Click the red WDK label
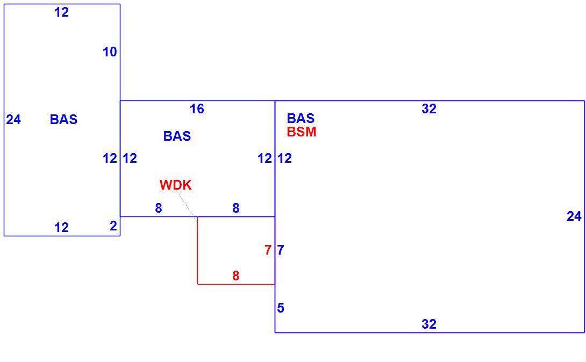click(x=176, y=185)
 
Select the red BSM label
click(x=302, y=132)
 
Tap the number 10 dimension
click(x=110, y=52)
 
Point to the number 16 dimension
click(x=197, y=108)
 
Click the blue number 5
click(x=281, y=308)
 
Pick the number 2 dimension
click(x=113, y=226)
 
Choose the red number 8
click(x=235, y=276)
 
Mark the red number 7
click(x=268, y=250)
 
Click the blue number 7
click(x=281, y=250)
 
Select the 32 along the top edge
click(x=429, y=108)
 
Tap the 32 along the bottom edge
click(x=429, y=324)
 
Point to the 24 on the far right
click(x=574, y=216)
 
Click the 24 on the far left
click(x=13, y=119)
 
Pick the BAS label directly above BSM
click(x=301, y=118)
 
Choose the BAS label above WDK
click(x=177, y=136)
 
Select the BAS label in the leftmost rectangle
click(x=63, y=119)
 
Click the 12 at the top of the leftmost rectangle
click(x=62, y=12)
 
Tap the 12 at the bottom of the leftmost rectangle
click(x=62, y=227)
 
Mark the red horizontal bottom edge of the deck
click(x=236, y=284)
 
